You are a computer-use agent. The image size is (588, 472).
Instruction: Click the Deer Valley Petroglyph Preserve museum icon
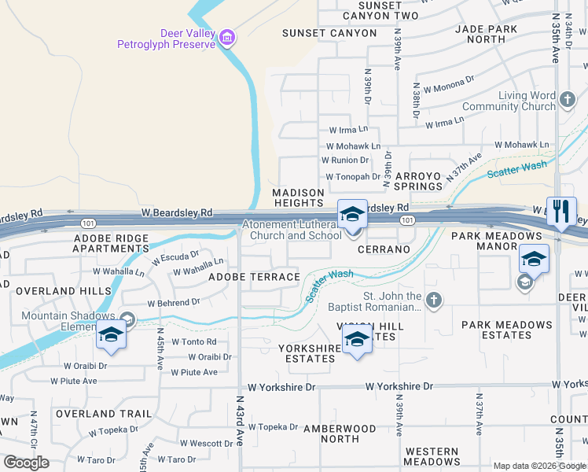pos(228,37)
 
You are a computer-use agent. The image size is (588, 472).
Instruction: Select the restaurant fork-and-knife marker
pos(561,211)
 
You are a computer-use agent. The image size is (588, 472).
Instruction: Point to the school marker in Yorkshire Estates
pos(357,339)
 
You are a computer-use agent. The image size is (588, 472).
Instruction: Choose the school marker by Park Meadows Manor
pos(534,258)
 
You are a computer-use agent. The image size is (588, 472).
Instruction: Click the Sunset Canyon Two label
pos(379,10)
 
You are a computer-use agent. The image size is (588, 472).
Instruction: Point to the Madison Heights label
pos(298,197)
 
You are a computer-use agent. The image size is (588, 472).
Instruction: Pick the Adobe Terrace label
pos(254,277)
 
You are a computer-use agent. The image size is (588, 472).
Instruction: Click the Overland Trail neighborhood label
pos(103,414)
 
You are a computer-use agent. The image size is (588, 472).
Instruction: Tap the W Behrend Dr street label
pos(174,302)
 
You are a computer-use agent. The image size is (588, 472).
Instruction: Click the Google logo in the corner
pos(26,463)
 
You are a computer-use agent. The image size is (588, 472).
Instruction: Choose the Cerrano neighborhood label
pos(384,249)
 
